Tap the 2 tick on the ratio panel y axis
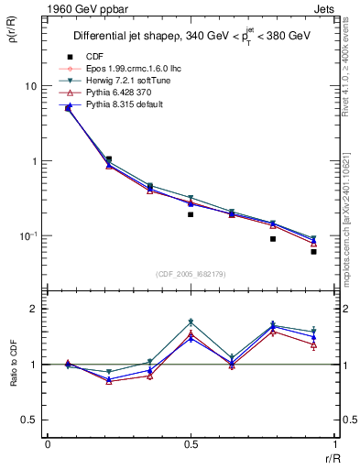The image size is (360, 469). click(x=36, y=310)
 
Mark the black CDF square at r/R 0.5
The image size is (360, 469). click(x=191, y=214)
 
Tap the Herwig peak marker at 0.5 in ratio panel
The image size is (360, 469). click(x=191, y=322)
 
